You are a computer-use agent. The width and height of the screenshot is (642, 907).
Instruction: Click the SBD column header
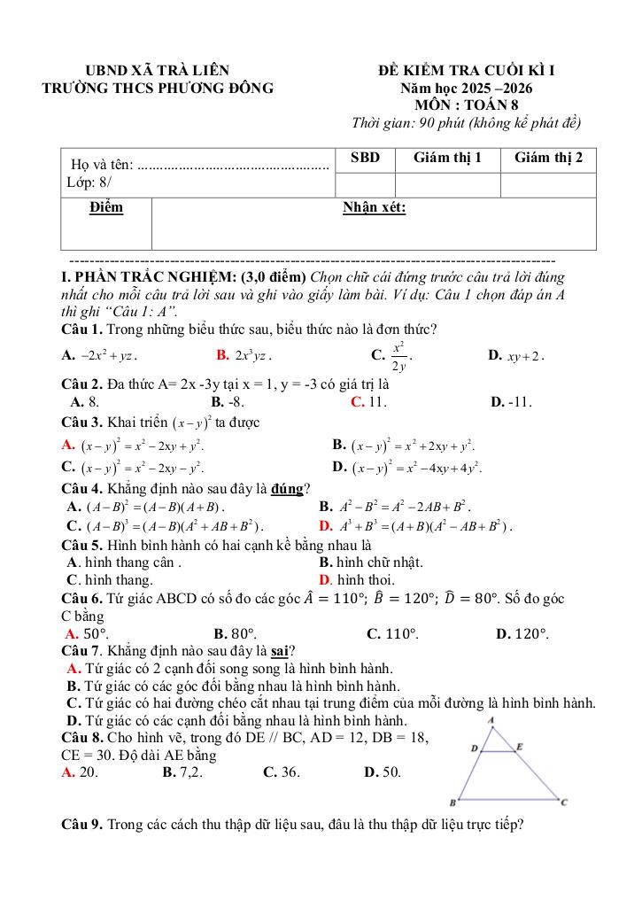365,158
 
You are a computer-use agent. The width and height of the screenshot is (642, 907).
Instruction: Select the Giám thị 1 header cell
448,158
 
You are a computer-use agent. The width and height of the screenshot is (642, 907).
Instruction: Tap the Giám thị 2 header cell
548,158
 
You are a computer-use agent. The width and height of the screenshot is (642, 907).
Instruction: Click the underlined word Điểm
106,208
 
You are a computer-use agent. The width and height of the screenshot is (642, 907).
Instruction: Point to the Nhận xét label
375,208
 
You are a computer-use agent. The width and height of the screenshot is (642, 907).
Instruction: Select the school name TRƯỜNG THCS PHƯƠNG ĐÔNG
159,88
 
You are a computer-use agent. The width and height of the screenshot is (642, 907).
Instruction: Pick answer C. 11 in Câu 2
368,402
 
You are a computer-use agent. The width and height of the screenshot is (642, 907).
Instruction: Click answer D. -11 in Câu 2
511,402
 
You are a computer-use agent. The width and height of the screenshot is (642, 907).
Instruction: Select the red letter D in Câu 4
324,526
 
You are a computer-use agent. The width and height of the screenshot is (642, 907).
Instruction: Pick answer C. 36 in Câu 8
282,772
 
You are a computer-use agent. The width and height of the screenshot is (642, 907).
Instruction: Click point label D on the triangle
474,748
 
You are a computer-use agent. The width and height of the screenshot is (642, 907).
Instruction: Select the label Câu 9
82,826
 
